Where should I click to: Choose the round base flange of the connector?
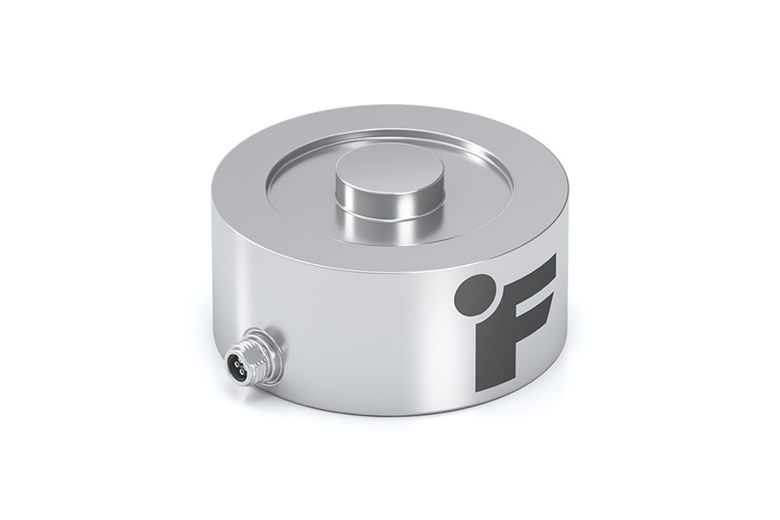tap(276, 347)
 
